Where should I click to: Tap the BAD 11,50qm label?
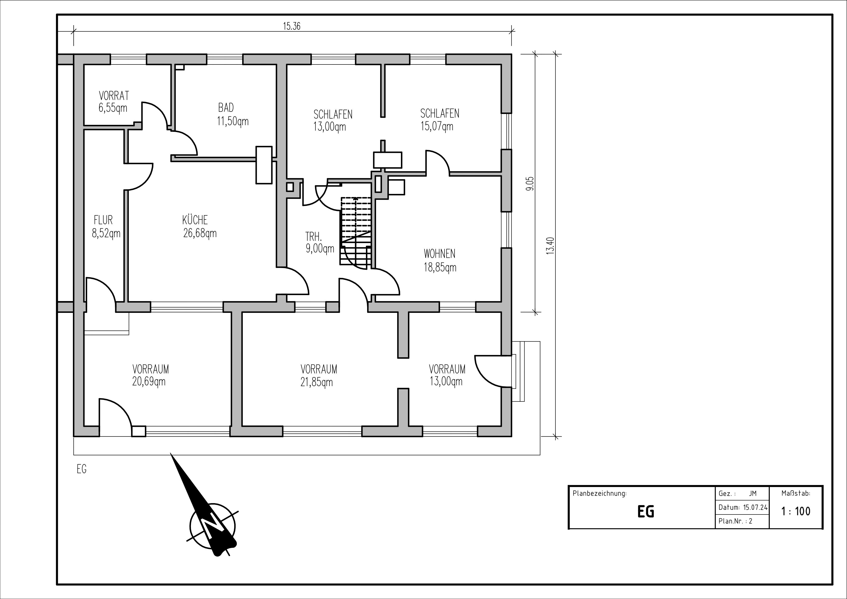[233, 114]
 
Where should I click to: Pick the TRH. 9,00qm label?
[320, 242]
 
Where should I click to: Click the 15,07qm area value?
[437, 127]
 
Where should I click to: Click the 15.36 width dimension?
[291, 26]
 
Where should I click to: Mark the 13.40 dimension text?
[550, 246]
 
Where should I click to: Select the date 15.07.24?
[755, 507]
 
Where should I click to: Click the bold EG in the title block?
[646, 512]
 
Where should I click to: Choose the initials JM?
[753, 493]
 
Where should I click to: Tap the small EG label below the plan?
[82, 469]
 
